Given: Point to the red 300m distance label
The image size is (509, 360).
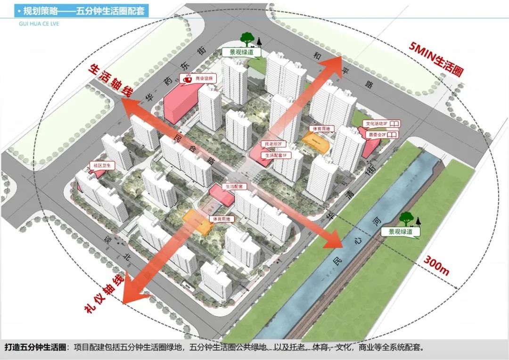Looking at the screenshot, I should click(x=436, y=266).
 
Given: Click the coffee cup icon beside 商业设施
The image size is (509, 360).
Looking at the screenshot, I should click(x=187, y=79).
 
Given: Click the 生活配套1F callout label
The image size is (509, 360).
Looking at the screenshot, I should click(x=276, y=155).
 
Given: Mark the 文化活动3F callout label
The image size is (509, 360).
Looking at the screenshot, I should click(x=376, y=124).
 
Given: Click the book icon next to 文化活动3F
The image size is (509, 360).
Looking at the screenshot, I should click(x=394, y=124).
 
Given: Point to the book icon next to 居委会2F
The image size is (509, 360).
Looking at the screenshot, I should click(x=393, y=135).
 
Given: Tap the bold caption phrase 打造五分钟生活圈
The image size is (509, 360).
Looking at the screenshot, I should click(x=36, y=348).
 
